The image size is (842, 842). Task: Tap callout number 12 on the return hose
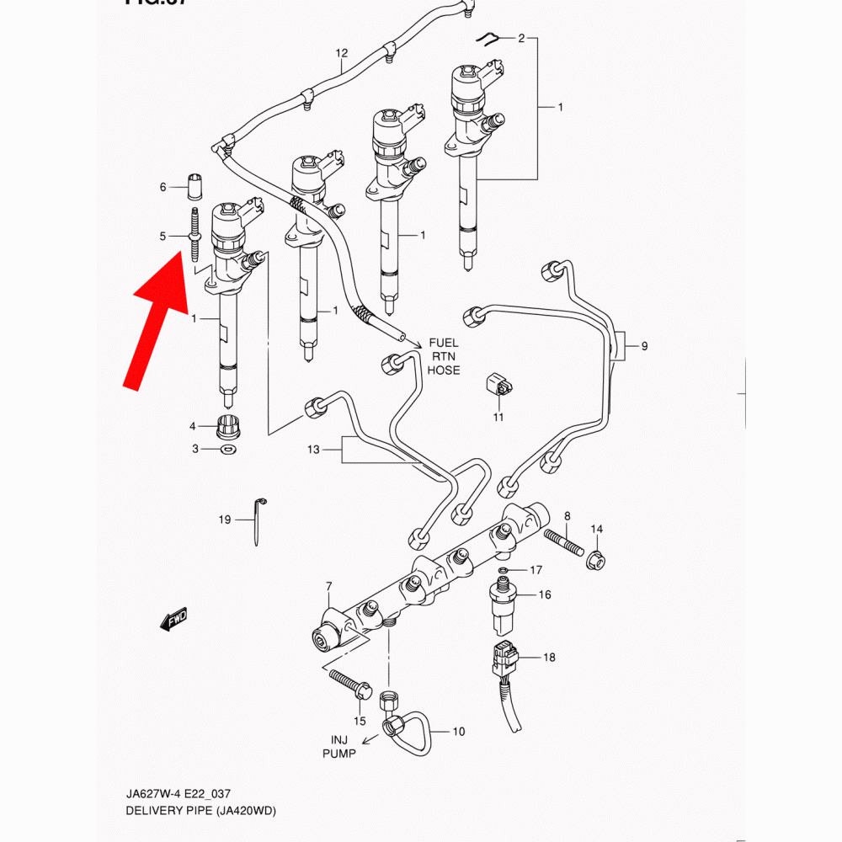coord(342,53)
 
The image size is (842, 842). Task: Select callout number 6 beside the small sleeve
coord(163,187)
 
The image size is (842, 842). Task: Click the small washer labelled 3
coord(226,450)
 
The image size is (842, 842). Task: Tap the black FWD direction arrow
coord(174,621)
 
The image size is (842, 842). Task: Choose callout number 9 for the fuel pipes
coord(644,346)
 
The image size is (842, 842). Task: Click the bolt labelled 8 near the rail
coord(563,541)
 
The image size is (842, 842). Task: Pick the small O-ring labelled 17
coord(504,572)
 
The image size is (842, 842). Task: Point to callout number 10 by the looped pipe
coord(458,732)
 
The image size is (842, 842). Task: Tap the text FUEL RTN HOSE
coord(444,356)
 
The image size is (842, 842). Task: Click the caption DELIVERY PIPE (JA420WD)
coord(201,811)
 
